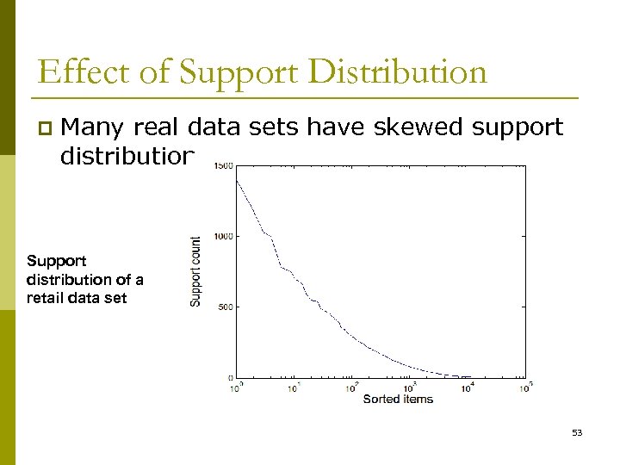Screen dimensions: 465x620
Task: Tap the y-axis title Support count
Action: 195,270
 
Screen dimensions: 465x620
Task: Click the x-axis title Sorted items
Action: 398,399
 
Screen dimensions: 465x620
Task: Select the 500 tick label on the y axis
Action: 224,307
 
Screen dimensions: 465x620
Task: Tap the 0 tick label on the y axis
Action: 229,377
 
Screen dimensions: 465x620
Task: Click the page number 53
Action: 577,432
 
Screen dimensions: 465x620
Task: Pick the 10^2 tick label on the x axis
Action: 351,387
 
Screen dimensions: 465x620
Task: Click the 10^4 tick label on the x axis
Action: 468,387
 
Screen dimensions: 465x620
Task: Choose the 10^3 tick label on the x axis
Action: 410,387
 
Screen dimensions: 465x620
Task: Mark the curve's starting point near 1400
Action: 236,179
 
